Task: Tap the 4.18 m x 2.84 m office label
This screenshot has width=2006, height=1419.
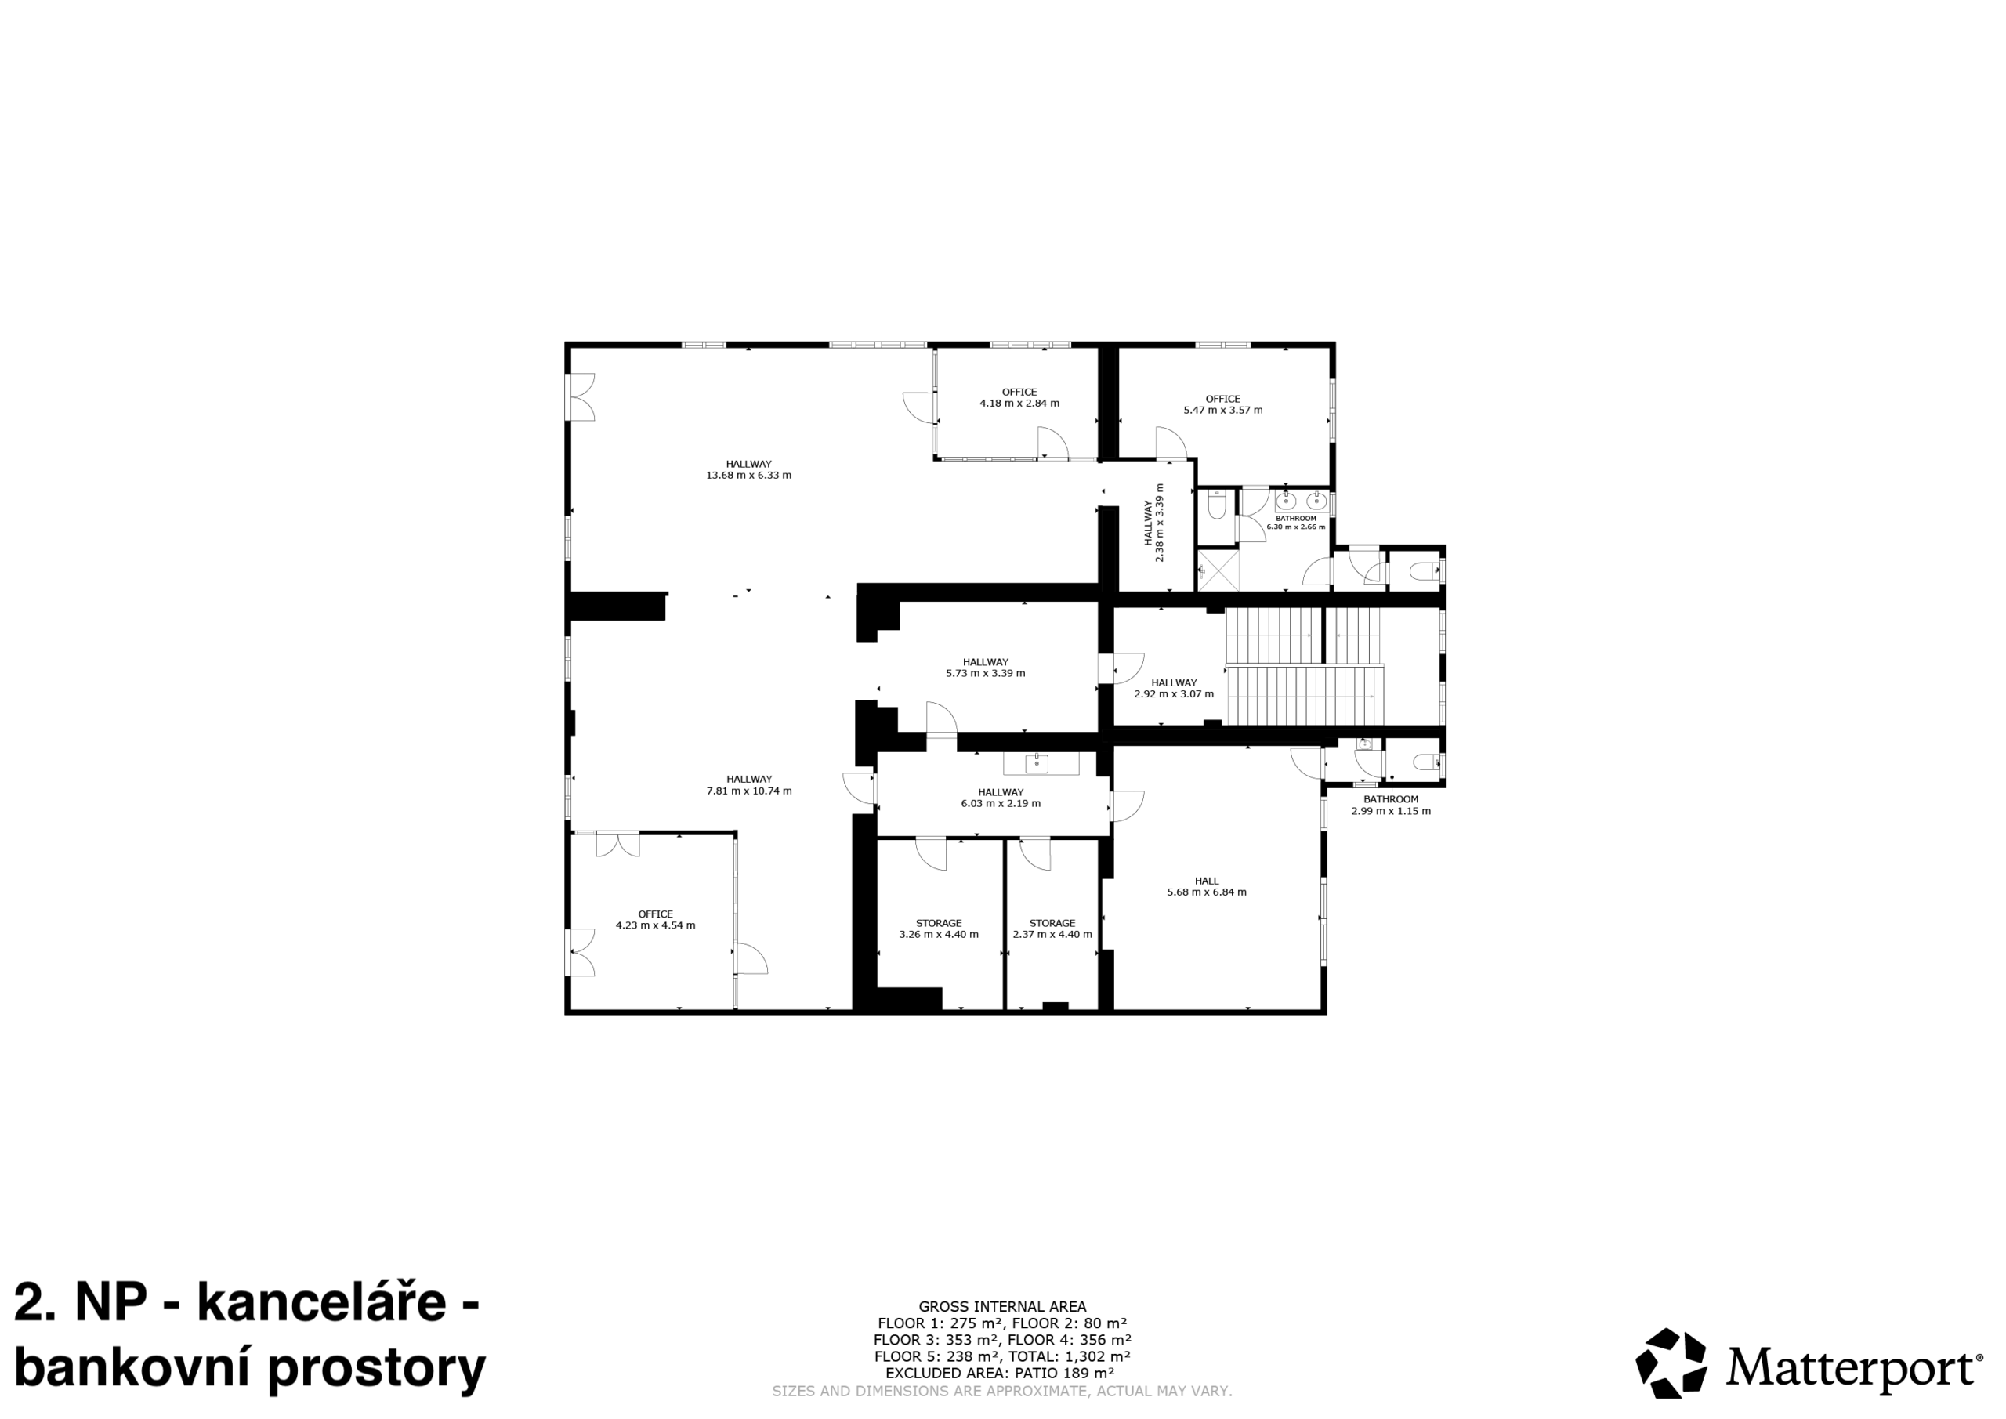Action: click(x=1019, y=397)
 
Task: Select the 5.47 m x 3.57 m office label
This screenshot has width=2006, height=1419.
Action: click(x=1223, y=404)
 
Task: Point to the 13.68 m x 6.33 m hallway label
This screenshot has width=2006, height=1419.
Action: click(x=749, y=469)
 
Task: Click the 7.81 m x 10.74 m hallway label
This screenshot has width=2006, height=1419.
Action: click(x=749, y=784)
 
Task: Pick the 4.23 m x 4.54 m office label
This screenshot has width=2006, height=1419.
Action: click(x=655, y=919)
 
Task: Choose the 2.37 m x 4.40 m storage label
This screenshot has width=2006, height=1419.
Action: click(x=1052, y=928)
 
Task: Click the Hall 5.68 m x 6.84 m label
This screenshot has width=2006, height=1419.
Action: click(x=1207, y=886)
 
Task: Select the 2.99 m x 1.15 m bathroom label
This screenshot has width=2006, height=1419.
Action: click(x=1391, y=805)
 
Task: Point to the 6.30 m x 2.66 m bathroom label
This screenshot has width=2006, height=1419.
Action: click(x=1296, y=523)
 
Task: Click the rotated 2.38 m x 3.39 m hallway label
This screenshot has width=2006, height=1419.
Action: click(x=1154, y=523)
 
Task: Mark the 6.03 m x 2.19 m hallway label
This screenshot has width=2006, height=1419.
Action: click(x=1001, y=798)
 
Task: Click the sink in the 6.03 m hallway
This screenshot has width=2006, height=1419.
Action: click(x=1037, y=764)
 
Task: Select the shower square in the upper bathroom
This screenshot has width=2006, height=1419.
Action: click(x=1218, y=570)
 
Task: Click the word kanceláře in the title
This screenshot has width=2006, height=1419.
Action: click(x=321, y=1302)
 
